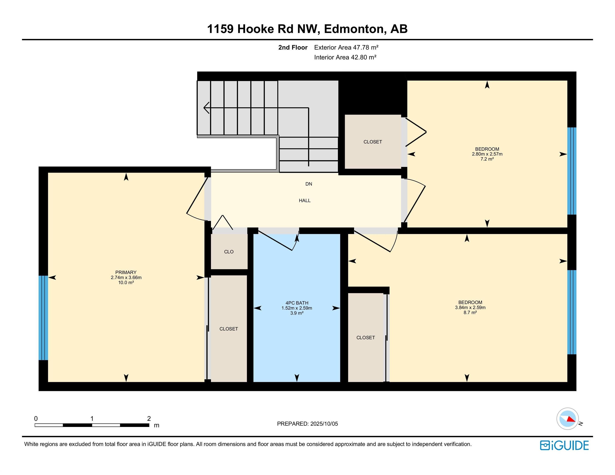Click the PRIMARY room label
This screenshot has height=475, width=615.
point(126,272)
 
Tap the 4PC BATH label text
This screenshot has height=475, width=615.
point(297,303)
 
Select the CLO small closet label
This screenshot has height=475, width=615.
point(229,252)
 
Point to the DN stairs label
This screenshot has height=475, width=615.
point(309,184)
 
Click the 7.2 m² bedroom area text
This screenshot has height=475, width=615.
point(487,159)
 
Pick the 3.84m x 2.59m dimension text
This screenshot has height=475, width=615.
point(470,307)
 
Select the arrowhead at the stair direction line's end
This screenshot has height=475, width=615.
point(205,108)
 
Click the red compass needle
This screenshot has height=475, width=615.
point(571,419)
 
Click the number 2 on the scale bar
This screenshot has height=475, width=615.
point(149,419)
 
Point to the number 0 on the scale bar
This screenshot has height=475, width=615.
point(36,419)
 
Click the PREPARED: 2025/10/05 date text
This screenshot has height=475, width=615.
point(307,423)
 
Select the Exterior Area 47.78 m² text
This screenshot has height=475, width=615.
point(346,47)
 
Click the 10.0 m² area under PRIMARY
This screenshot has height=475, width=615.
point(126,282)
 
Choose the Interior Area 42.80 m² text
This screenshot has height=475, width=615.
point(345,57)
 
